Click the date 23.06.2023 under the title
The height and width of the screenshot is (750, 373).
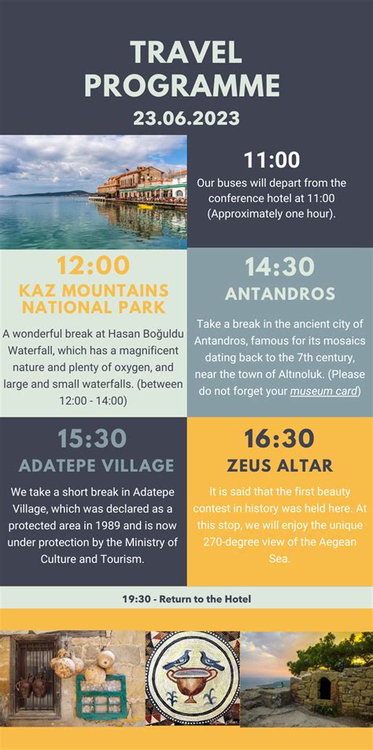[x=186, y=118]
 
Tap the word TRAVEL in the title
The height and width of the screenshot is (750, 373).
[x=186, y=53]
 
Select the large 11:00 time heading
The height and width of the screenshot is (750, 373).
[x=272, y=160]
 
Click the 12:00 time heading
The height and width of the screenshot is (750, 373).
[x=94, y=266]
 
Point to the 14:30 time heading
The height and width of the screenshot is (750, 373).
[x=279, y=267]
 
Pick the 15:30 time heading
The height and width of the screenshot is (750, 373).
[x=92, y=439]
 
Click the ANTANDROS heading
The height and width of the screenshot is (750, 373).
[x=280, y=294]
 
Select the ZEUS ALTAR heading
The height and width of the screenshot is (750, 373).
[x=280, y=465]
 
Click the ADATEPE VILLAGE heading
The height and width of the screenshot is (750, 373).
[x=96, y=465]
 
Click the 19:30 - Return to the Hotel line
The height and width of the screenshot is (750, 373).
[x=186, y=599]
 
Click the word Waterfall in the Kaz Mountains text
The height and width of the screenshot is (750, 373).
[x=30, y=351]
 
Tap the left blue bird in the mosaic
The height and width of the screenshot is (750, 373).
[x=176, y=660]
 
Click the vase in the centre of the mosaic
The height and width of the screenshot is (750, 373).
[x=192, y=684]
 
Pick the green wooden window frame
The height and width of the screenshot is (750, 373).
[x=101, y=696]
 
